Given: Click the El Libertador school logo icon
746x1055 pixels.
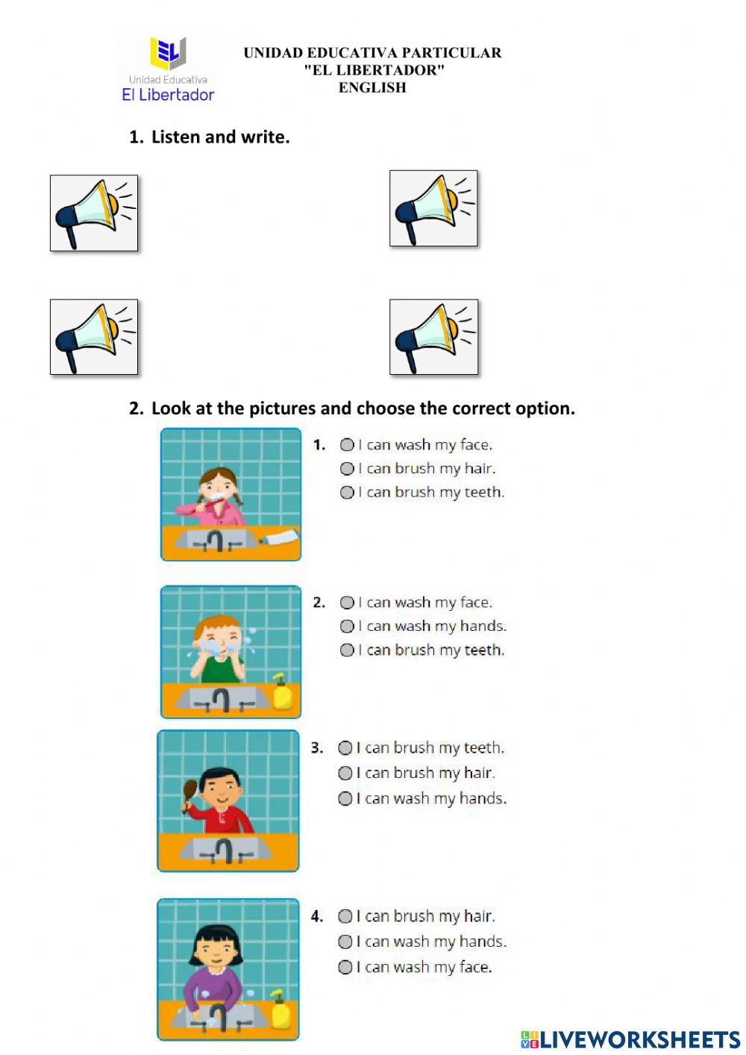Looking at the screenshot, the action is coord(168,53).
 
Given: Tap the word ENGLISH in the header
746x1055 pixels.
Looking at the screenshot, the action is coord(372,87).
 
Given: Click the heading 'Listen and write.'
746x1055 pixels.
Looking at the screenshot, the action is coord(220,137).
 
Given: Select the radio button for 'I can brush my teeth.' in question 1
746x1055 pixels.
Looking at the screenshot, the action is coord(347,493).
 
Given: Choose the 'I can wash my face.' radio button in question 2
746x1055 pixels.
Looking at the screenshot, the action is coord(347,603).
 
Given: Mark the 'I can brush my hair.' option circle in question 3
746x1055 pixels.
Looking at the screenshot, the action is coord(345,773).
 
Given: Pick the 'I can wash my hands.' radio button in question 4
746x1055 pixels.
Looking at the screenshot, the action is coord(345,942).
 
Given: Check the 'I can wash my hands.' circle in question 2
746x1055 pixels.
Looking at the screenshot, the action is coord(347,626).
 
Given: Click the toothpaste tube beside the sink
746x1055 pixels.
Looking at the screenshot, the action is coord(280,536).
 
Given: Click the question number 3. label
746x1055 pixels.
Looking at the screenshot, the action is coord(317,748).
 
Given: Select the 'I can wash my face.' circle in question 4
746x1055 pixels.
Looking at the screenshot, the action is coord(345,967).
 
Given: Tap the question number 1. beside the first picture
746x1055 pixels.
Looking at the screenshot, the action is coord(319,445).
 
